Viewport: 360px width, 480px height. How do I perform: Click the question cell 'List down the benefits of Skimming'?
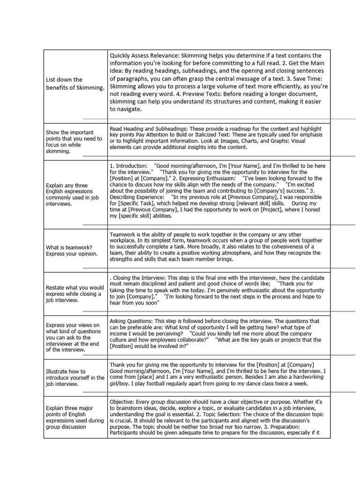pos(75,84)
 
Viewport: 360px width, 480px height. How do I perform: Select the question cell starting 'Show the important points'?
pos(75,142)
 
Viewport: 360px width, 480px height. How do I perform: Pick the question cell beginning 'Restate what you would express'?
pos(75,294)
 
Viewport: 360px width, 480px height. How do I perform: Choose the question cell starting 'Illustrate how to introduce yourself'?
pos(75,378)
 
